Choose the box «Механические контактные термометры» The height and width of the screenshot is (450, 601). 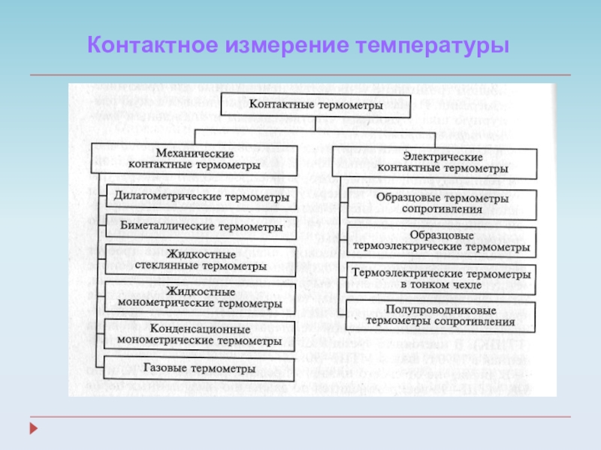point(194,157)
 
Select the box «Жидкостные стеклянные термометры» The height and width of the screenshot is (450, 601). point(195,259)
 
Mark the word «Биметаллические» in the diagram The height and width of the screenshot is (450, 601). point(157,226)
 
